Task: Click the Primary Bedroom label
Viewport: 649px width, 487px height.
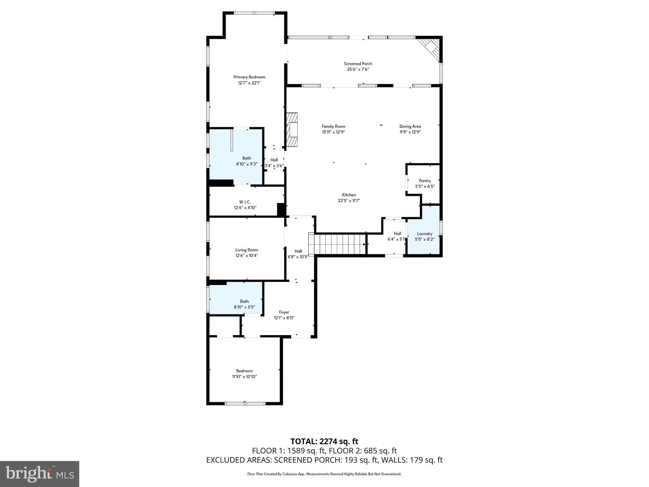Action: point(249,77)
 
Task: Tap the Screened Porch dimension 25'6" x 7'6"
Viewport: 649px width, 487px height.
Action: point(358,69)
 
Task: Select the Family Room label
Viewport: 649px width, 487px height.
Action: point(333,126)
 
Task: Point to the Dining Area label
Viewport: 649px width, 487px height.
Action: point(410,126)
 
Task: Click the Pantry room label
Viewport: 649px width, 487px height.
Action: point(425,181)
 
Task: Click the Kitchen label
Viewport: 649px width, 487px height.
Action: point(349,195)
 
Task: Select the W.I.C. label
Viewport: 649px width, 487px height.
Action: point(245,202)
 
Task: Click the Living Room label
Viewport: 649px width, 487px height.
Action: point(247,250)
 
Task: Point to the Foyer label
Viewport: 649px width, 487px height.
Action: point(284,312)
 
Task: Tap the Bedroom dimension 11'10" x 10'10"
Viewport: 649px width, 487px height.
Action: point(244,377)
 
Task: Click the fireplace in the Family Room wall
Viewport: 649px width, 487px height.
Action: point(292,130)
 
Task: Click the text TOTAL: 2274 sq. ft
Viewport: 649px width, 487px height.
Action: point(324,441)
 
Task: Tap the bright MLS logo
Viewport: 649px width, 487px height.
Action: point(40,474)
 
